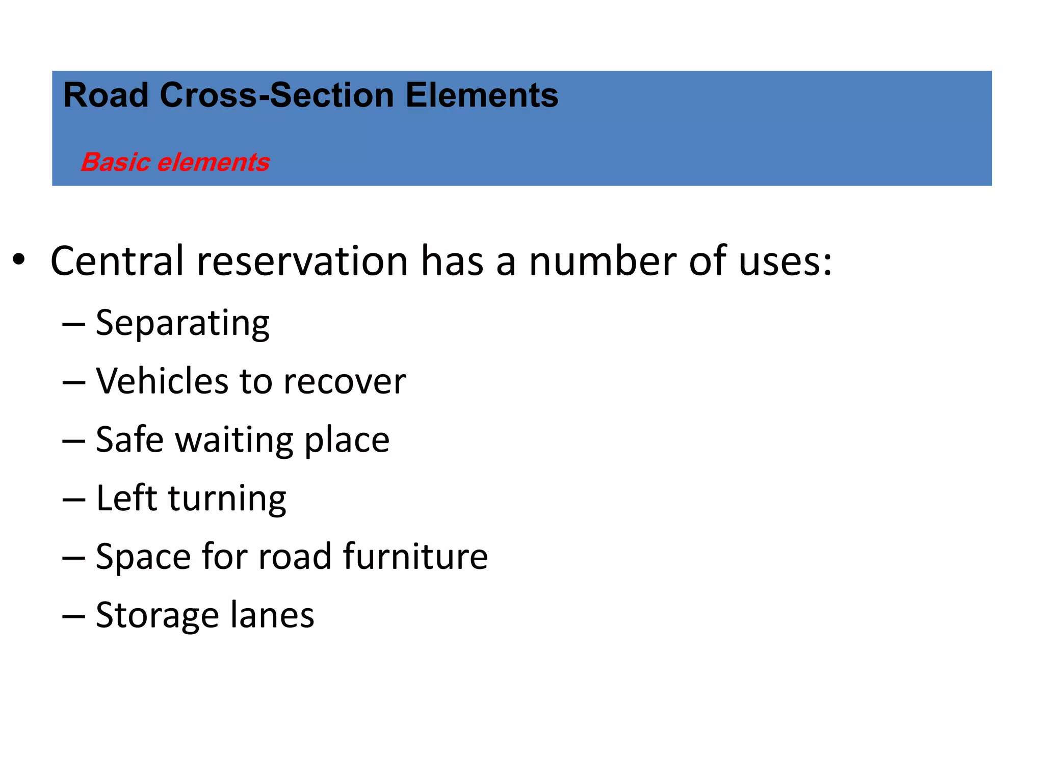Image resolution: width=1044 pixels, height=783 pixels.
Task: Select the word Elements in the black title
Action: (482, 95)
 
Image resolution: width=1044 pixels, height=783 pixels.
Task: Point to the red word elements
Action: (214, 162)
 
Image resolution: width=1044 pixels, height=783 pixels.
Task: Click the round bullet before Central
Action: (19, 259)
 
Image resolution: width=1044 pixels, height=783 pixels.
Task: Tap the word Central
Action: (117, 260)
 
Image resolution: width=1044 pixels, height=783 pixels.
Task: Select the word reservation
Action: (302, 260)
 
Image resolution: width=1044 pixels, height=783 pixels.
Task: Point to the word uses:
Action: (785, 260)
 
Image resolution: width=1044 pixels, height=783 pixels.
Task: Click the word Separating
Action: (182, 324)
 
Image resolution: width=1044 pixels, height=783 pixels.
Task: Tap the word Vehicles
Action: (162, 381)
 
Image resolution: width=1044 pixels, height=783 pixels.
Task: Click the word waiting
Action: (234, 439)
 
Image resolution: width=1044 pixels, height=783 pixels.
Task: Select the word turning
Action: (227, 499)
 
